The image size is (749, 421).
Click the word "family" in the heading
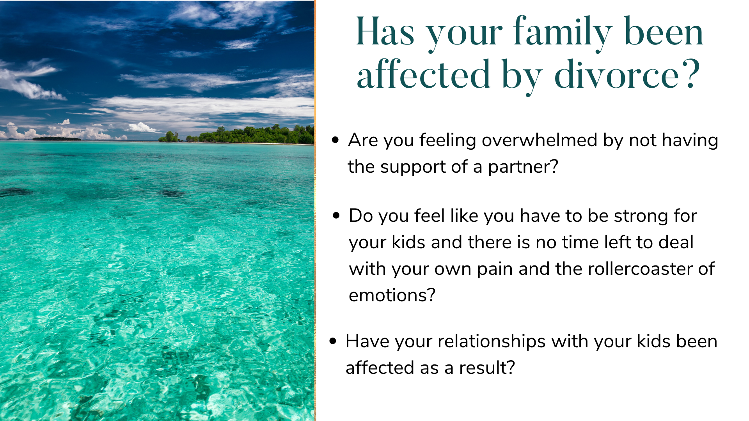pos(563,34)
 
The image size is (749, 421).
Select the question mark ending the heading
pos(692,74)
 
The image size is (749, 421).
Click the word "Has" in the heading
pos(385,32)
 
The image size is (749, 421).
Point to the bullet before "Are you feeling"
pos(335,140)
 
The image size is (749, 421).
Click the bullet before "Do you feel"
pos(336,215)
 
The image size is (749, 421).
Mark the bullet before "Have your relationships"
pos(333,341)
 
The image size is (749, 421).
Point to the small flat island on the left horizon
pos(57,138)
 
